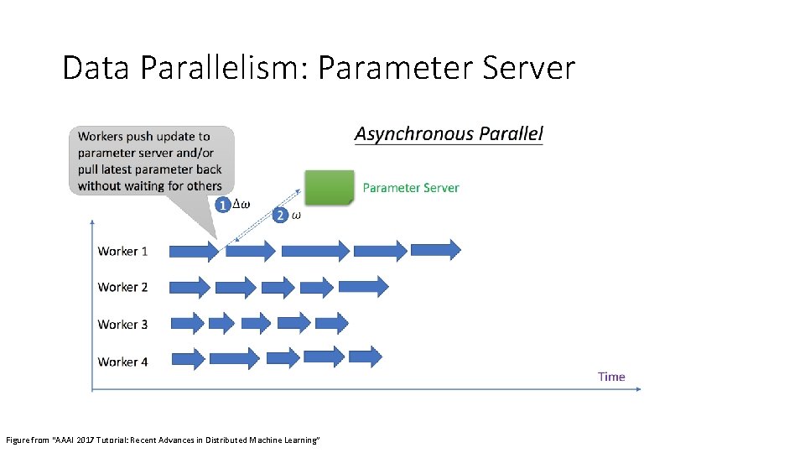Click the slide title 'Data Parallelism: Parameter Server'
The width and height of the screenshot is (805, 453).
tap(319, 68)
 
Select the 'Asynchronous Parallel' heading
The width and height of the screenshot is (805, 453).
tap(449, 133)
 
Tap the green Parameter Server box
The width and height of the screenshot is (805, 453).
tap(329, 188)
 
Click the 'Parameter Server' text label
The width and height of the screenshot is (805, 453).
tap(411, 188)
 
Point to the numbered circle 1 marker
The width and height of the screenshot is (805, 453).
tap(222, 205)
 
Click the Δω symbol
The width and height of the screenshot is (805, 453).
tap(241, 205)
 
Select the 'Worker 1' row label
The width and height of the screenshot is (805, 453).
tap(122, 251)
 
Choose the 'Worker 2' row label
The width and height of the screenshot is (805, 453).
tap(122, 287)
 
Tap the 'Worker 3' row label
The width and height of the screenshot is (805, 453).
tap(122, 324)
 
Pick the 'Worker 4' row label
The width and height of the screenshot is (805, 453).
tap(122, 362)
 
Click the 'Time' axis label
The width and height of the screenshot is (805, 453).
tap(611, 377)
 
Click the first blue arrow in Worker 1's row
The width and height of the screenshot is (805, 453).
tap(194, 250)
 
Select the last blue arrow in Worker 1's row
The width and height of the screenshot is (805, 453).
tap(434, 249)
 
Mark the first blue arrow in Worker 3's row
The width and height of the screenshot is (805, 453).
tap(187, 323)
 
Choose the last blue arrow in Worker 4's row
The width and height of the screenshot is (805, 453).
tap(365, 357)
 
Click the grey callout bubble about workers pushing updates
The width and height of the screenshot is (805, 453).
tap(151, 161)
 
